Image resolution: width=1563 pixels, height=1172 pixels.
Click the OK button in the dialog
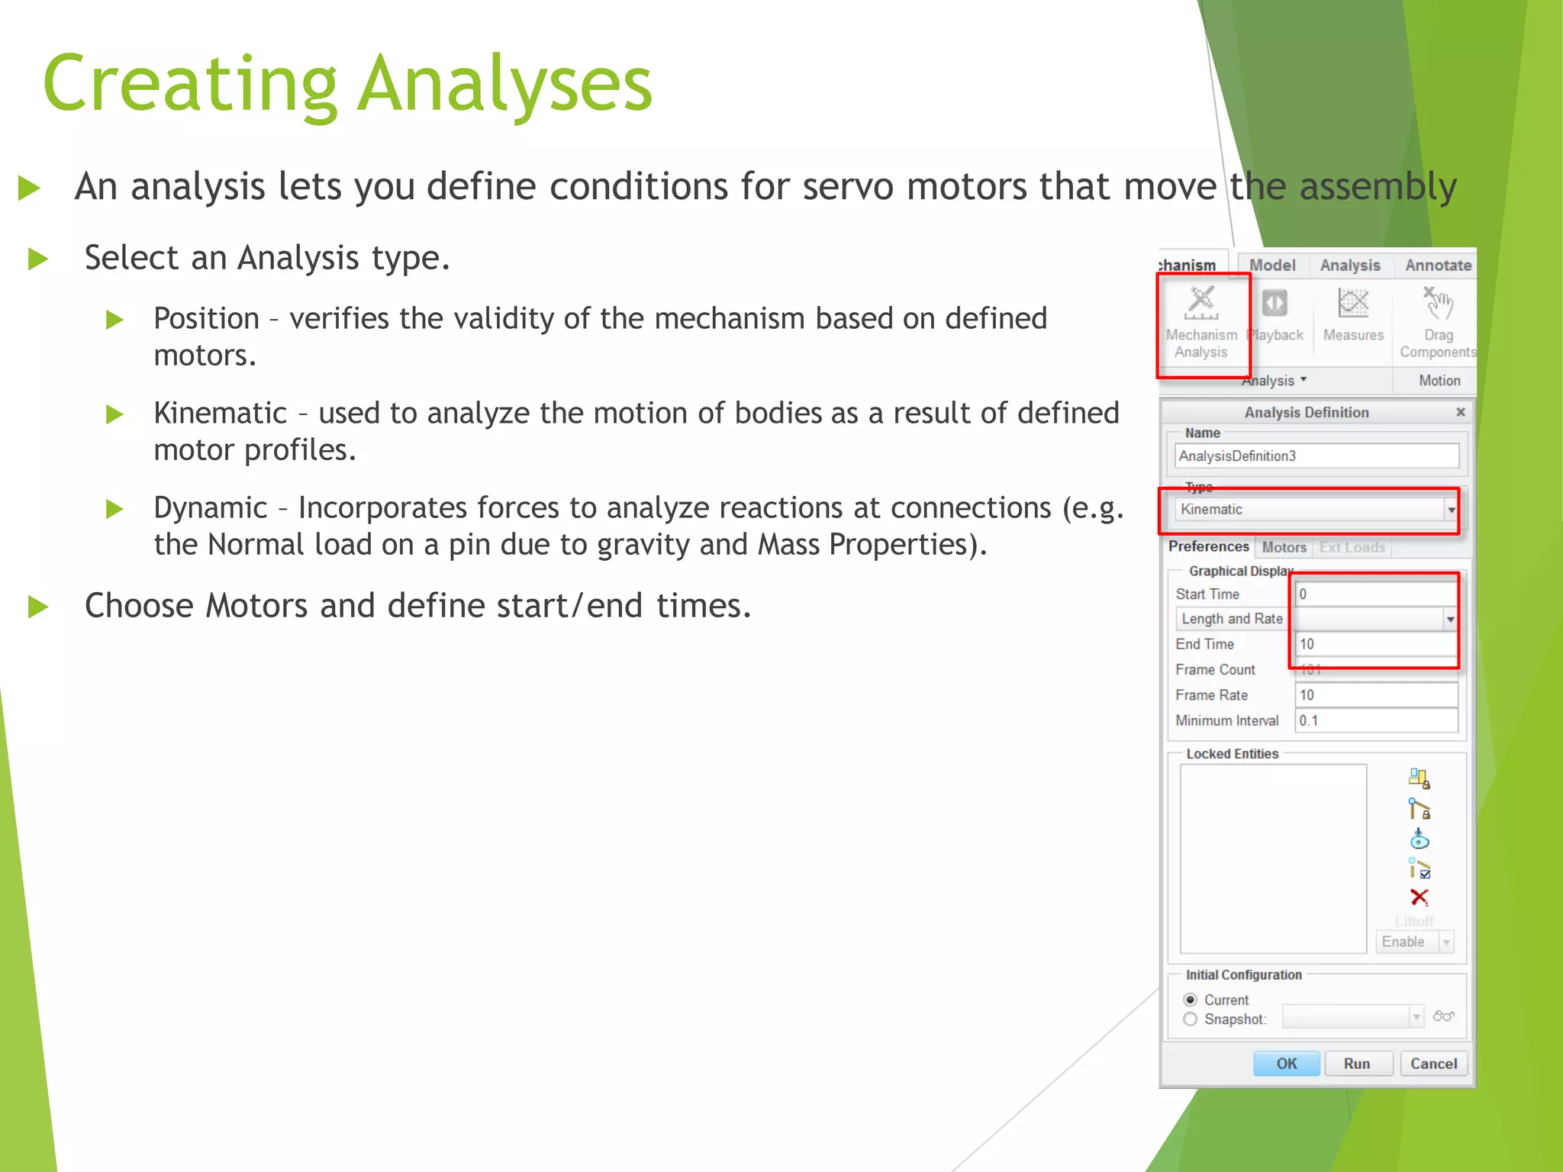1286,1064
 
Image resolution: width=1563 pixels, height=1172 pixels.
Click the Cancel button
1432,1064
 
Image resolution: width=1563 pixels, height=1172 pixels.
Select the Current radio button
1190,1000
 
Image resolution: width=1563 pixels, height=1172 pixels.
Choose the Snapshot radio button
1190,1019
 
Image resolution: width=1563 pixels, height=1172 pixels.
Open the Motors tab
1284,547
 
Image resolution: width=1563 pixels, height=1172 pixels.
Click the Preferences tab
1208,546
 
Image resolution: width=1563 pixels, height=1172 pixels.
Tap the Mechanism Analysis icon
1201,304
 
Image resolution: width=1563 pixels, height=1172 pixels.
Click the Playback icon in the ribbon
1275,304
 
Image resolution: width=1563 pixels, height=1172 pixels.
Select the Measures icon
1353,304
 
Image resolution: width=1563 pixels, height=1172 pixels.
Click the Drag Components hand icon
1439,304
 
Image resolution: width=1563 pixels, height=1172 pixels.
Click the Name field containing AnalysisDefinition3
1316,456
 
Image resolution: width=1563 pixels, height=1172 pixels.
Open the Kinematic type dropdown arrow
1451,510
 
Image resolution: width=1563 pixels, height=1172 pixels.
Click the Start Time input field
1376,594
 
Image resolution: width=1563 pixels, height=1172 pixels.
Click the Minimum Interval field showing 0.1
1376,720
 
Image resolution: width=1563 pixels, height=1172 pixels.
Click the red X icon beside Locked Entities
1419,897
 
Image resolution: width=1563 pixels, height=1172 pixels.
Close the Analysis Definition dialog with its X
1460,412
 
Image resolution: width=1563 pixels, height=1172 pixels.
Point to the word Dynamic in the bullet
210,508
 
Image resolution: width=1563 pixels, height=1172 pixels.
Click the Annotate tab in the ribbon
1438,266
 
